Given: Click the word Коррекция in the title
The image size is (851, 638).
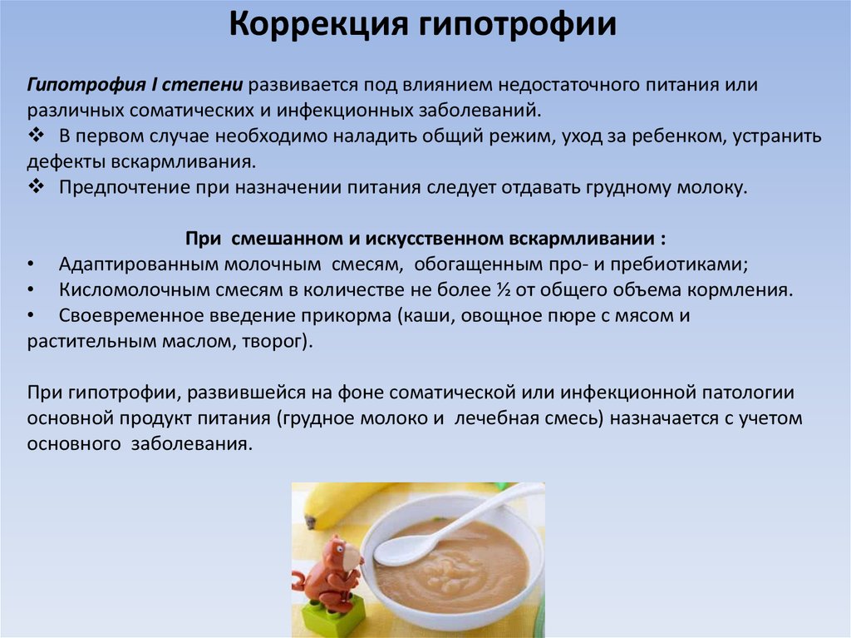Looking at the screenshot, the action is coord(318,25).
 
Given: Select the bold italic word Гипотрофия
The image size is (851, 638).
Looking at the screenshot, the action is coord(86,86).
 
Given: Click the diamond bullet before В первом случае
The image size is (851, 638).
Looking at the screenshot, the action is coord(37,135).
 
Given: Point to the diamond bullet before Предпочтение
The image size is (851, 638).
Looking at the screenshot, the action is coord(37,186).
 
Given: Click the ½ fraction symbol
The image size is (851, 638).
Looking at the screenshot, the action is coord(503,289).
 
